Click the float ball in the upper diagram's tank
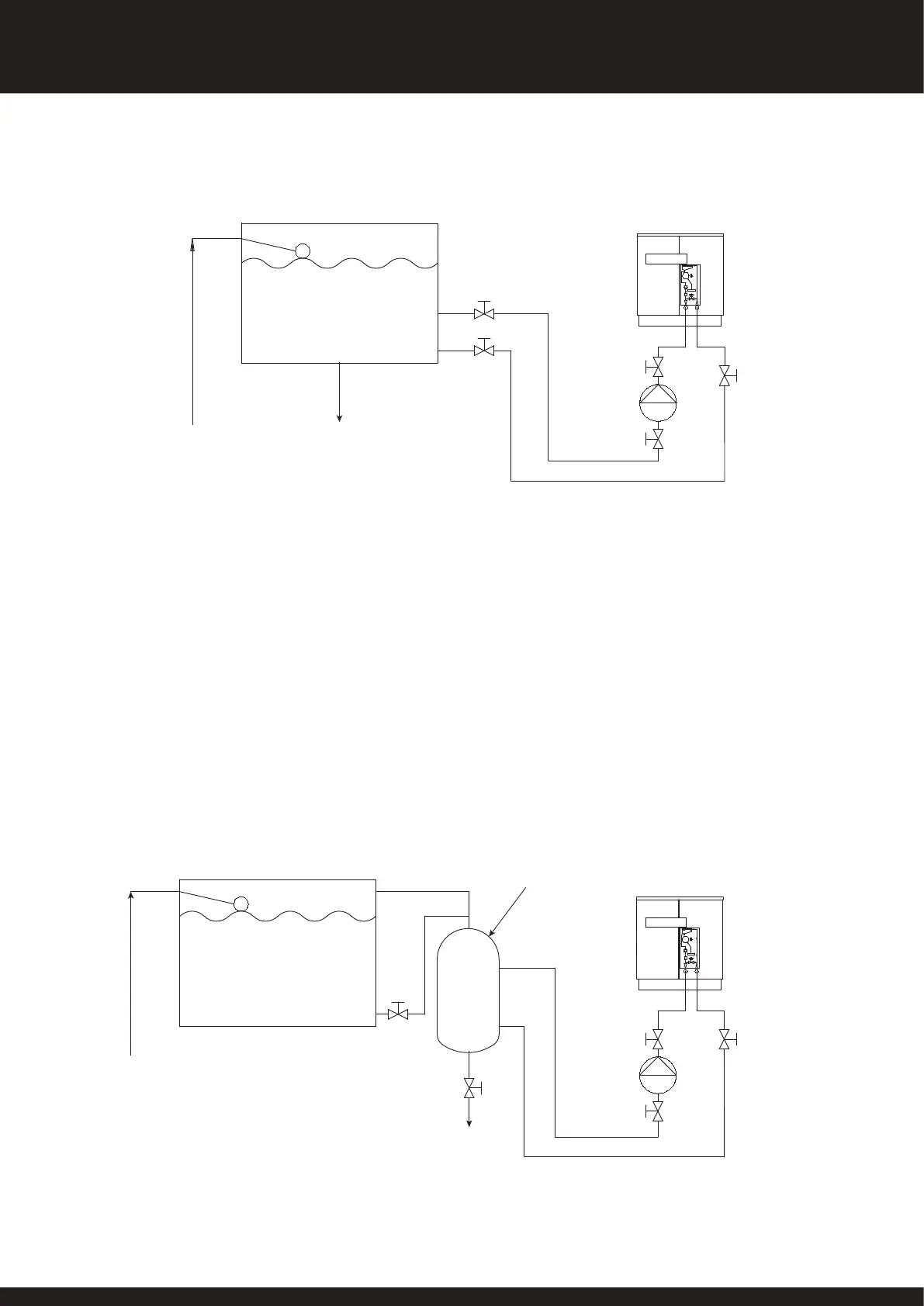tap(303, 250)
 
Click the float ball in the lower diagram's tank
tap(241, 903)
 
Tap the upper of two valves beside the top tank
tap(485, 313)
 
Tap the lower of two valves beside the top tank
tap(485, 351)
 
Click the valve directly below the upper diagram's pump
tap(658, 440)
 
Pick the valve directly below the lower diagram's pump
tap(658, 1112)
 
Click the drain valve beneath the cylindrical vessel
tap(469, 1089)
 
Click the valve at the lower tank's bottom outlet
tap(398, 1013)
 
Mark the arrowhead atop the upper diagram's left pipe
tap(192, 244)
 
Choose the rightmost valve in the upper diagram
tap(725, 376)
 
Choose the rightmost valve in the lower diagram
tap(725, 1039)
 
